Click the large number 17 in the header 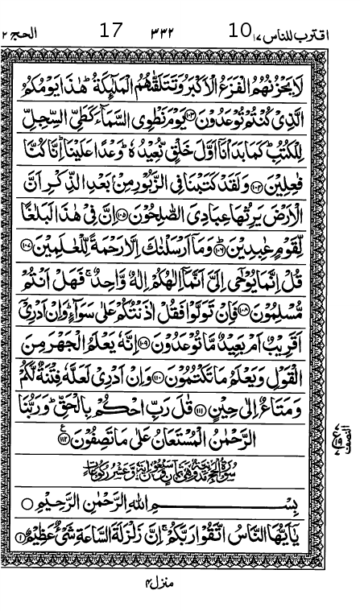point(110,31)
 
